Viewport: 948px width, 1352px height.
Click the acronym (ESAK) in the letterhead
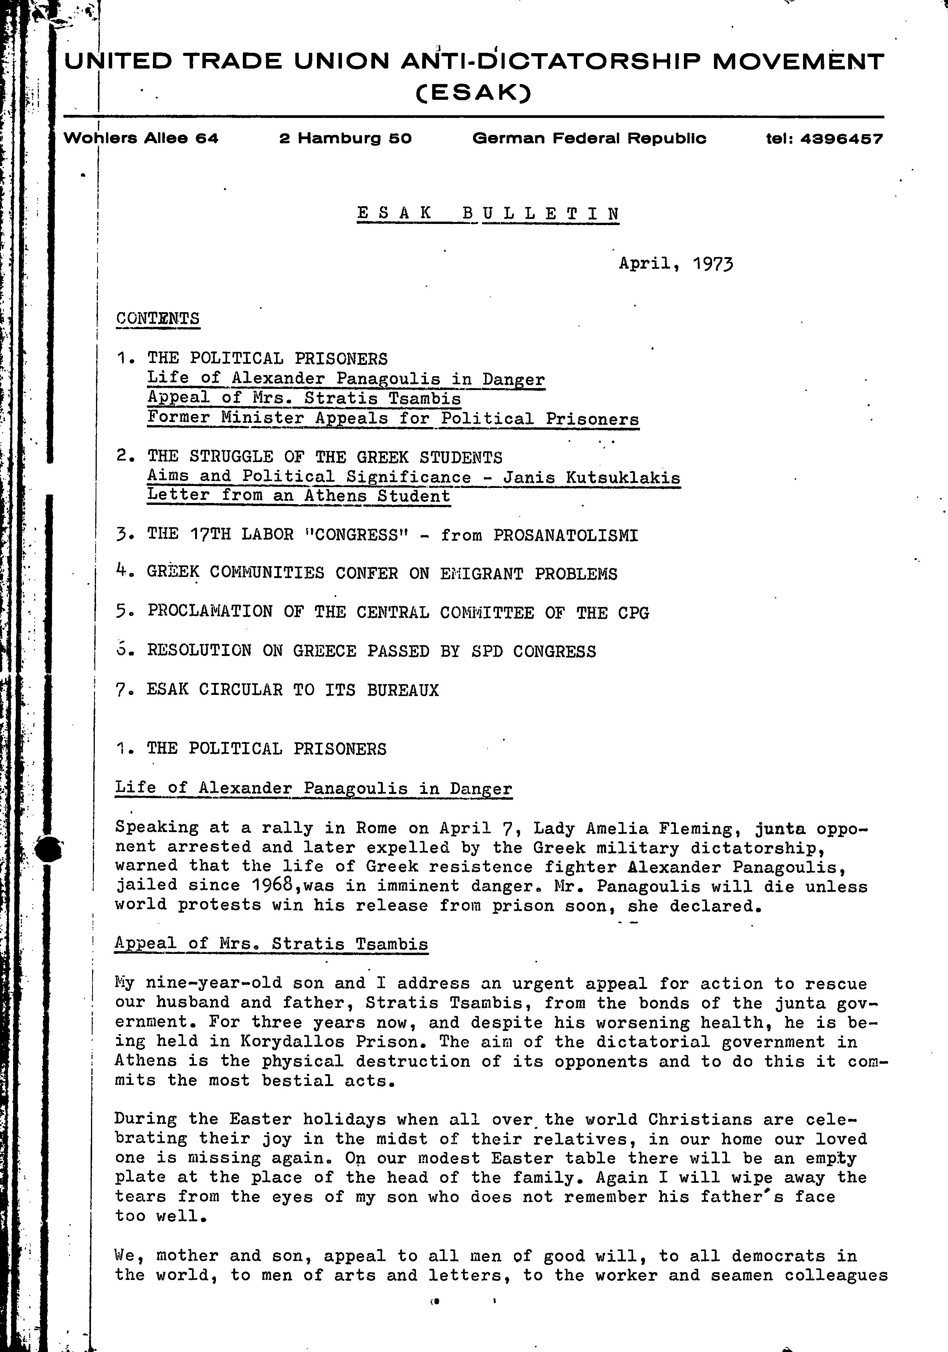coord(474,92)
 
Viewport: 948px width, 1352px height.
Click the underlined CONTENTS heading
coord(157,319)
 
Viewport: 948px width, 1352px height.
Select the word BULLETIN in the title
coord(541,213)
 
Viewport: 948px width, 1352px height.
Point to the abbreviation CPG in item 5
coord(633,613)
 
